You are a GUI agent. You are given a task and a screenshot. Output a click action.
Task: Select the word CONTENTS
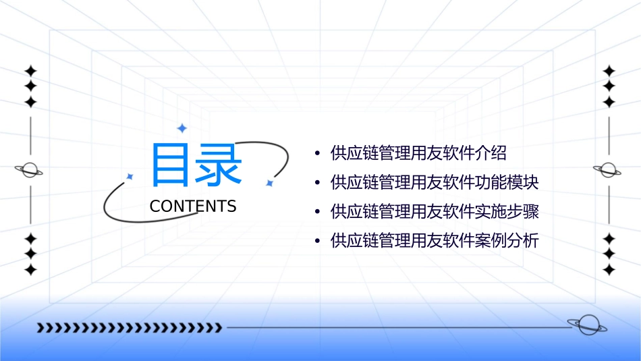point(193,206)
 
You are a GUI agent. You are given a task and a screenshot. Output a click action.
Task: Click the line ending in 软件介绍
point(418,153)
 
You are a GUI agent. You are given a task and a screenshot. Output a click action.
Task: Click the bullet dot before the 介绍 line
point(317,154)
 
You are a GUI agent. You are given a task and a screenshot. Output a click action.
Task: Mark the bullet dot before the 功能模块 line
point(317,183)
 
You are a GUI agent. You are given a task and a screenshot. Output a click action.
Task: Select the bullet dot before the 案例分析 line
point(317,241)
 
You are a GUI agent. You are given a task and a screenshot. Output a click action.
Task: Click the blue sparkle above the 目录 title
point(182,128)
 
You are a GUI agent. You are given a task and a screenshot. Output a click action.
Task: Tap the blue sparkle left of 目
point(130,177)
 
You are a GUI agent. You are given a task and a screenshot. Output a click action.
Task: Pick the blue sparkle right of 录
point(269,183)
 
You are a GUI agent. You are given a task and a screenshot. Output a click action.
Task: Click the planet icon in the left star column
point(30,170)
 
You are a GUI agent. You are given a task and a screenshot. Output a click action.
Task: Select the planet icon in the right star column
point(608,170)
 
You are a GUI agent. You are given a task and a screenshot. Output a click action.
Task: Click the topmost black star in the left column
point(30,71)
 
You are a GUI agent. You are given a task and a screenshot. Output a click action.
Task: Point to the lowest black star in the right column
point(609,270)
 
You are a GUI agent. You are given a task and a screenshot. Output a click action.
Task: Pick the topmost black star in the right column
point(609,71)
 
